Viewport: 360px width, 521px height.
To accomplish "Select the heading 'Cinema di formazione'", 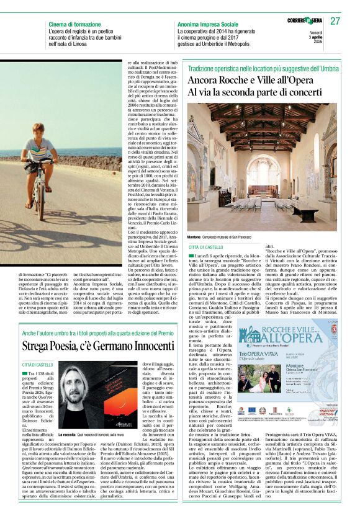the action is pos(74,24).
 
